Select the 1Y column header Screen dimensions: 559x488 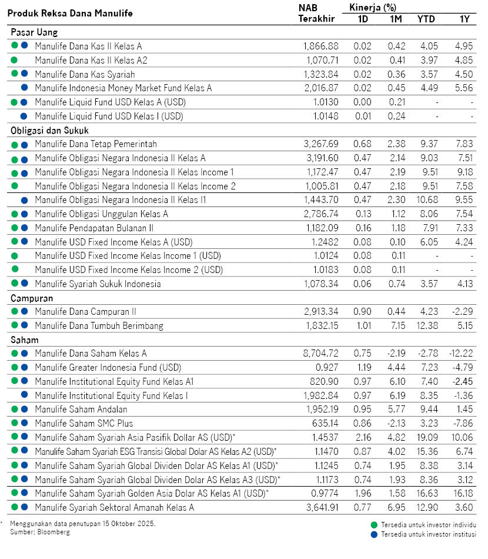point(464,19)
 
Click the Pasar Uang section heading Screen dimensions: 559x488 point(34,32)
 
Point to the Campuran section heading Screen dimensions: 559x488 point(32,298)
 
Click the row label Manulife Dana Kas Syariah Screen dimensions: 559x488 point(85,74)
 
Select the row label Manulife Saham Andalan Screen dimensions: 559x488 point(81,410)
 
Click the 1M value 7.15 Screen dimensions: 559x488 point(396,325)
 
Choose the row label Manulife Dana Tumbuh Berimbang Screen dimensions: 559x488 point(99,325)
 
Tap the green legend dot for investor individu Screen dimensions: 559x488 point(373,525)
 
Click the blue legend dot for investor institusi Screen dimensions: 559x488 point(373,534)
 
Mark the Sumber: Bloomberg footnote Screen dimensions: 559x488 point(39,532)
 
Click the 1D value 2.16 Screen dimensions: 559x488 point(363,437)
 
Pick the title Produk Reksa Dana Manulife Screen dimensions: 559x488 point(71,13)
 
